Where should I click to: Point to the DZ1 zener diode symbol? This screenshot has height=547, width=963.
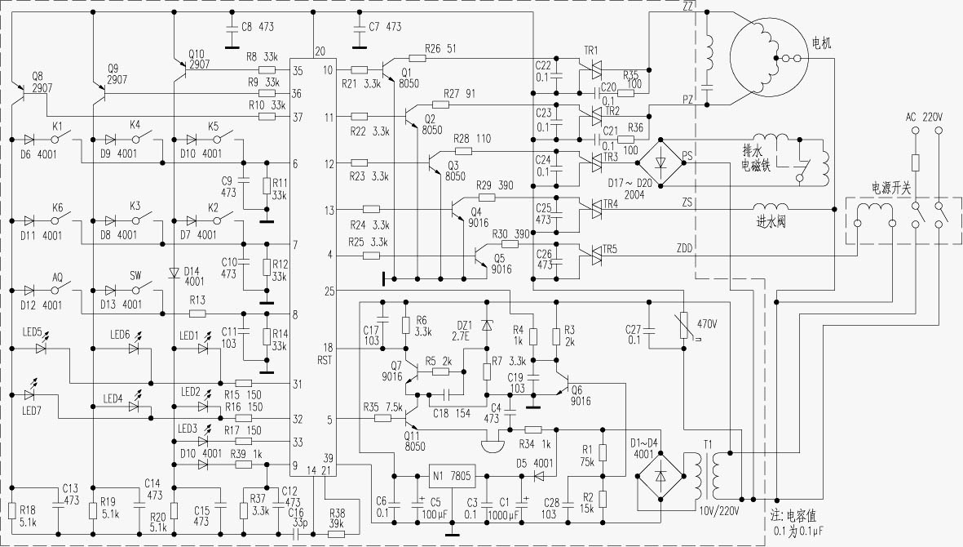488,324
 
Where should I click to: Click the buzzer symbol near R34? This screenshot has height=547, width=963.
492,446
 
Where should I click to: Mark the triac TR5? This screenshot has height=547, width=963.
590,256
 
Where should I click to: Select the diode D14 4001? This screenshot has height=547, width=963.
173,273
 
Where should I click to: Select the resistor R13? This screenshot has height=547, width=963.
197,314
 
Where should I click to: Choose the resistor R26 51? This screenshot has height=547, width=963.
417,58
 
